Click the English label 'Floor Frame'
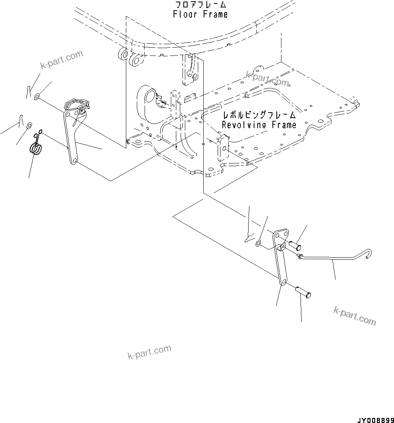click(200, 14)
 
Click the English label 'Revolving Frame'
click(259, 125)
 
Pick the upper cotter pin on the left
click(28, 90)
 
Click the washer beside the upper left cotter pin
click(37, 96)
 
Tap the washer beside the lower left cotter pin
click(29, 126)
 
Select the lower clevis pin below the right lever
click(302, 291)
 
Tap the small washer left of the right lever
click(258, 244)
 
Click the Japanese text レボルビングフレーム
click(259, 115)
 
